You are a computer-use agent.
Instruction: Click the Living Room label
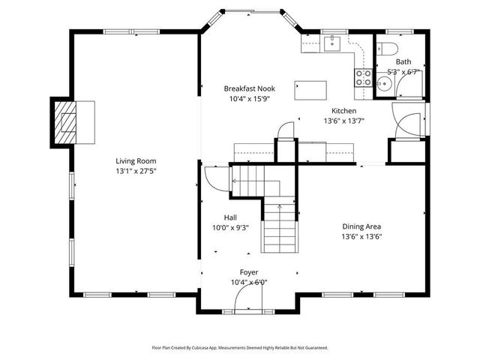pyautogui.click(x=135, y=160)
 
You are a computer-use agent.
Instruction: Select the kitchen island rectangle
pyautogui.click(x=311, y=91)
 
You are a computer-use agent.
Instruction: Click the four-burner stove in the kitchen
pyautogui.click(x=364, y=76)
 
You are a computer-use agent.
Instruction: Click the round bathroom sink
pyautogui.click(x=384, y=84)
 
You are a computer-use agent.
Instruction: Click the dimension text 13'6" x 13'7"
pyautogui.click(x=343, y=121)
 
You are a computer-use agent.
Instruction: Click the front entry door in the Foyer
pyautogui.click(x=249, y=301)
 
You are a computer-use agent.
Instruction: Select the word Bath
pyautogui.click(x=403, y=62)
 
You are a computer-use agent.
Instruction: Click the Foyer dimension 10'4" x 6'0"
pyautogui.click(x=249, y=282)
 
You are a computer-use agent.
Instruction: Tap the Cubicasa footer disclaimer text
pyautogui.click(x=239, y=348)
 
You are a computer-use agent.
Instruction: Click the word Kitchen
pyautogui.click(x=343, y=110)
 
